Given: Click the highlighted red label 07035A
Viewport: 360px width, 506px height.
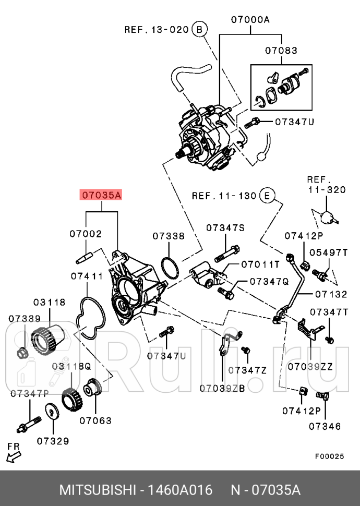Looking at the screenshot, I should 101,196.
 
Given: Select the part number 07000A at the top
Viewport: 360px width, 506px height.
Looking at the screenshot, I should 250,20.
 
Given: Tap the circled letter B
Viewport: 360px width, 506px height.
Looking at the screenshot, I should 198,30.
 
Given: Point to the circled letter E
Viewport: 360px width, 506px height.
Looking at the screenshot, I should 266,196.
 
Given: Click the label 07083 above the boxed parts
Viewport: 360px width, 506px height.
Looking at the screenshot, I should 281,51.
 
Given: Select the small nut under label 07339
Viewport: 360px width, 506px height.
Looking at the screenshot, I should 22,354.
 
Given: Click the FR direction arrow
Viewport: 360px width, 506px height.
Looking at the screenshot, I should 14,456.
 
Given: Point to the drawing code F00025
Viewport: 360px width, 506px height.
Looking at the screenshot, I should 329,456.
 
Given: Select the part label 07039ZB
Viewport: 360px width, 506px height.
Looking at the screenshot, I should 222,388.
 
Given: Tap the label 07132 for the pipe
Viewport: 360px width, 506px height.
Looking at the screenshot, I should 331,294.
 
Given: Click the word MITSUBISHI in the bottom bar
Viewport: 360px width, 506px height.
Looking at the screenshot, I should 98,490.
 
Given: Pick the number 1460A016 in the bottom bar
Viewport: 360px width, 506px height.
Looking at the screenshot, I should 181,490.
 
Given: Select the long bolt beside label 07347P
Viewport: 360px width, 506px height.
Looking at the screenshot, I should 30,424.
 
